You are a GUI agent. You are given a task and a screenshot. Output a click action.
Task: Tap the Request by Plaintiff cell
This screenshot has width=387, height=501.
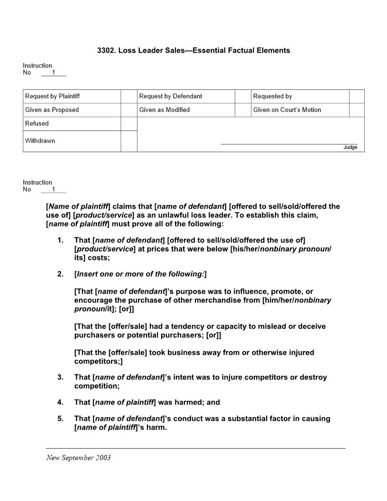click(x=72, y=96)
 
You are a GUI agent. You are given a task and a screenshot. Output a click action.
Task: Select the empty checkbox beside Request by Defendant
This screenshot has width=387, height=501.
click(x=242, y=96)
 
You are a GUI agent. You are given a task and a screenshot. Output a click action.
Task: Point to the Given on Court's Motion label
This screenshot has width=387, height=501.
click(x=287, y=110)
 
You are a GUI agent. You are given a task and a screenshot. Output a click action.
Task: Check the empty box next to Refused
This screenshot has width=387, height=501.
click(x=129, y=124)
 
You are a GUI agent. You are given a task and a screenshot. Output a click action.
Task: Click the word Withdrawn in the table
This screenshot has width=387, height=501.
click(x=40, y=141)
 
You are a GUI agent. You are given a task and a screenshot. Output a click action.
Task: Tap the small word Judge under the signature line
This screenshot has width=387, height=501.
click(x=350, y=148)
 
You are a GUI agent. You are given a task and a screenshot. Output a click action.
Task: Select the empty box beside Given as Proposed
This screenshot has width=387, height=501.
click(x=129, y=110)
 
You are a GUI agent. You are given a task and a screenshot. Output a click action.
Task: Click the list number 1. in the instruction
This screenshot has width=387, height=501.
click(x=60, y=241)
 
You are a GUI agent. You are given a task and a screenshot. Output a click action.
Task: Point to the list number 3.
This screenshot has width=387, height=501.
click(x=60, y=378)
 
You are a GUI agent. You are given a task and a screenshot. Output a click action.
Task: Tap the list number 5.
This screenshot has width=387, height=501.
click(x=60, y=419)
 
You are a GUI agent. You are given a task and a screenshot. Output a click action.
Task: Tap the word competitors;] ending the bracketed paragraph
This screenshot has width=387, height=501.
click(x=98, y=362)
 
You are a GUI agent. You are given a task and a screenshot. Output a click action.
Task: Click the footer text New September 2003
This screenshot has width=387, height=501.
click(x=78, y=458)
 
